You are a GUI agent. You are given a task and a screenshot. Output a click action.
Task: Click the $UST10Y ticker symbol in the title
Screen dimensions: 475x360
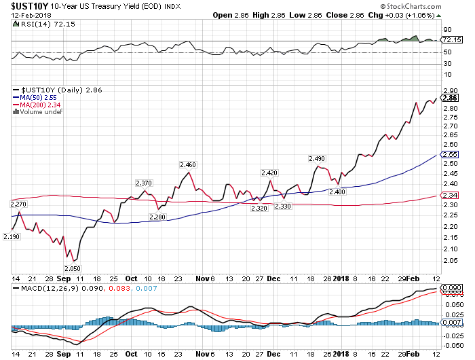coord(29,6)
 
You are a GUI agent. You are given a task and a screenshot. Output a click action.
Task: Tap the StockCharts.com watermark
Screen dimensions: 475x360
coord(411,6)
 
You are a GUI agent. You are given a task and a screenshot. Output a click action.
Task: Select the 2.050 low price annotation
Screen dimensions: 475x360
coord(73,268)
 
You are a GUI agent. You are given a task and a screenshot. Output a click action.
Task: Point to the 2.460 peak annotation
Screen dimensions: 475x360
coord(188,164)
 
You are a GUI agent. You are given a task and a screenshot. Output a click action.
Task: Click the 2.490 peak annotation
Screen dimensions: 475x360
coord(317,159)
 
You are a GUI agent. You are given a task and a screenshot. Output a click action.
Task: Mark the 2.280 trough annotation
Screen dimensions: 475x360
coord(157,217)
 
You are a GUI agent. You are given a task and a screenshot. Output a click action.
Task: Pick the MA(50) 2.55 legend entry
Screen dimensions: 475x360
coord(35,98)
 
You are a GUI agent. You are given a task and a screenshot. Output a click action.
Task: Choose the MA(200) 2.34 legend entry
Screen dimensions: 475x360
coord(37,105)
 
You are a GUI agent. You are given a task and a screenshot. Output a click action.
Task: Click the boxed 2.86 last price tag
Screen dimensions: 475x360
coord(450,98)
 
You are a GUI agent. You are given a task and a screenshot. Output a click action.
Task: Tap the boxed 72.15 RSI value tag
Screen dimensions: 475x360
coord(452,39)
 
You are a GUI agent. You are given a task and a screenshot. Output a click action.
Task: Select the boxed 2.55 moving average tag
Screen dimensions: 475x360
coord(450,154)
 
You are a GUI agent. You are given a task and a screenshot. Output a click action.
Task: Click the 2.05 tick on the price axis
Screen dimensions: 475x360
coord(450,261)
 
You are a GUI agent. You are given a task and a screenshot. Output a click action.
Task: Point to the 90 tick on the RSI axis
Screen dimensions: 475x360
coord(447,30)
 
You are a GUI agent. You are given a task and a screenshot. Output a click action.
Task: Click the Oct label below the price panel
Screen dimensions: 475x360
coord(131,278)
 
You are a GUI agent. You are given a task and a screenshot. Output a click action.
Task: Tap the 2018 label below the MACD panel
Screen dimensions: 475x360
coord(341,354)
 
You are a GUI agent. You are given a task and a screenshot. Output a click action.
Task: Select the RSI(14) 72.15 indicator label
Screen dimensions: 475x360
coord(44,24)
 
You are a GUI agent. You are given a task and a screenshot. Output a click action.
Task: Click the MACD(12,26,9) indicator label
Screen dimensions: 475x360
coord(58,288)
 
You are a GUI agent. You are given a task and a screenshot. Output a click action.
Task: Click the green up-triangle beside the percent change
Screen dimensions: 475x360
coord(438,16)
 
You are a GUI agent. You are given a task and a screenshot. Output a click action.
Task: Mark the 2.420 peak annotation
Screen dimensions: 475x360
coord(269,173)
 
